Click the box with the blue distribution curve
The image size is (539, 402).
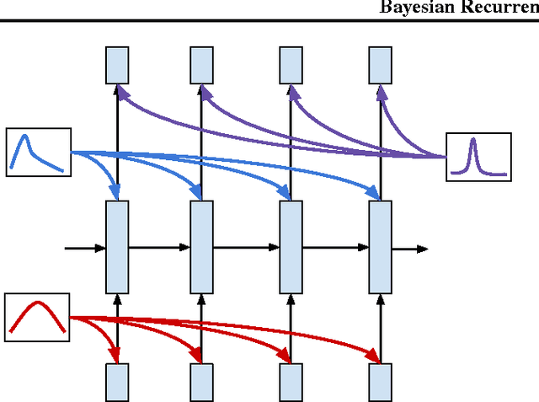click(38, 152)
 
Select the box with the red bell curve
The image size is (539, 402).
click(36, 315)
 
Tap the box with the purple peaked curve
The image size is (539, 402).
click(478, 157)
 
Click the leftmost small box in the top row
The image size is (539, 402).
click(117, 65)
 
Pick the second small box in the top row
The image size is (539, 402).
click(201, 65)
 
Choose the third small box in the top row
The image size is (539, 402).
click(291, 65)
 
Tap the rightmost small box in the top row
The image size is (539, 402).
click(381, 65)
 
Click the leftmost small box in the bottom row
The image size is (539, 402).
click(117, 382)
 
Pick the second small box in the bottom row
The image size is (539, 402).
click(201, 382)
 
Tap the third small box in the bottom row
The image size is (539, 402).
click(291, 382)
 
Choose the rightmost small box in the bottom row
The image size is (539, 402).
click(381, 382)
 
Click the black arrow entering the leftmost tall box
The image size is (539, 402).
click(86, 248)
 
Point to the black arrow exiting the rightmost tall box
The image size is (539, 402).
click(410, 249)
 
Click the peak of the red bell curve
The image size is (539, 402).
click(37, 303)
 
